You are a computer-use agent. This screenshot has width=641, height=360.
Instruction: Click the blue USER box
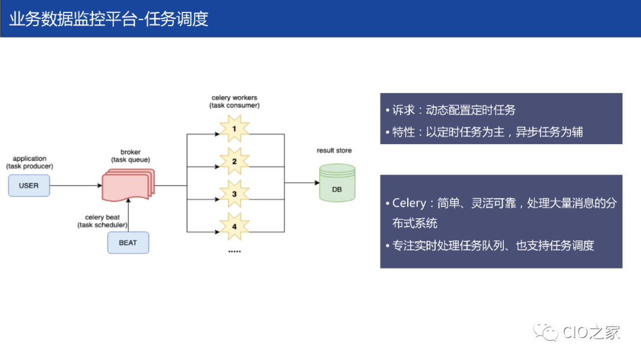[28, 186]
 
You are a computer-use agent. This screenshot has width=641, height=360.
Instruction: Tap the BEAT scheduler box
[128, 243]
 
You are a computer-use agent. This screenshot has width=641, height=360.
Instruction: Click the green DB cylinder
[337, 184]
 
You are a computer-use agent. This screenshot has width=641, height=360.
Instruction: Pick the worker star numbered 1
[234, 129]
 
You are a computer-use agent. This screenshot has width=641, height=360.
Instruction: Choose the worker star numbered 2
[234, 161]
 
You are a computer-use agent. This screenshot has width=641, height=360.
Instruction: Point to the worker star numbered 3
[234, 193]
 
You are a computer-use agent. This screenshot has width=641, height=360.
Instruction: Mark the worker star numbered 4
[234, 226]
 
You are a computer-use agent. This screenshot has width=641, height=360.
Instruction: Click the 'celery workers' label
[234, 97]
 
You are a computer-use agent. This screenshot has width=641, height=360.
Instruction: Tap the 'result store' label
[334, 151]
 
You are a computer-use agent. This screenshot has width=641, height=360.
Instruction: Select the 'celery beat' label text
[103, 218]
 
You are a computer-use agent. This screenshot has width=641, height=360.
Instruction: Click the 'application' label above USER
[30, 158]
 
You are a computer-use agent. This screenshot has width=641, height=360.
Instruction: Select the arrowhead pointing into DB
[316, 183]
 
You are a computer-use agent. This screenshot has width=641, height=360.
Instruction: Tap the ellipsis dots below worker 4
[234, 252]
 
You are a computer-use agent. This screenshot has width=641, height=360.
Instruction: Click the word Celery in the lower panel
[409, 203]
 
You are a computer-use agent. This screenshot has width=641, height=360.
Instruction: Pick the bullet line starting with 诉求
[451, 110]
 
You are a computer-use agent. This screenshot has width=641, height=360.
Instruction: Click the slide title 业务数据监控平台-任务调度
[109, 19]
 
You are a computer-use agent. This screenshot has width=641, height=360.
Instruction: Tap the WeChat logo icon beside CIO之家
[545, 332]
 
